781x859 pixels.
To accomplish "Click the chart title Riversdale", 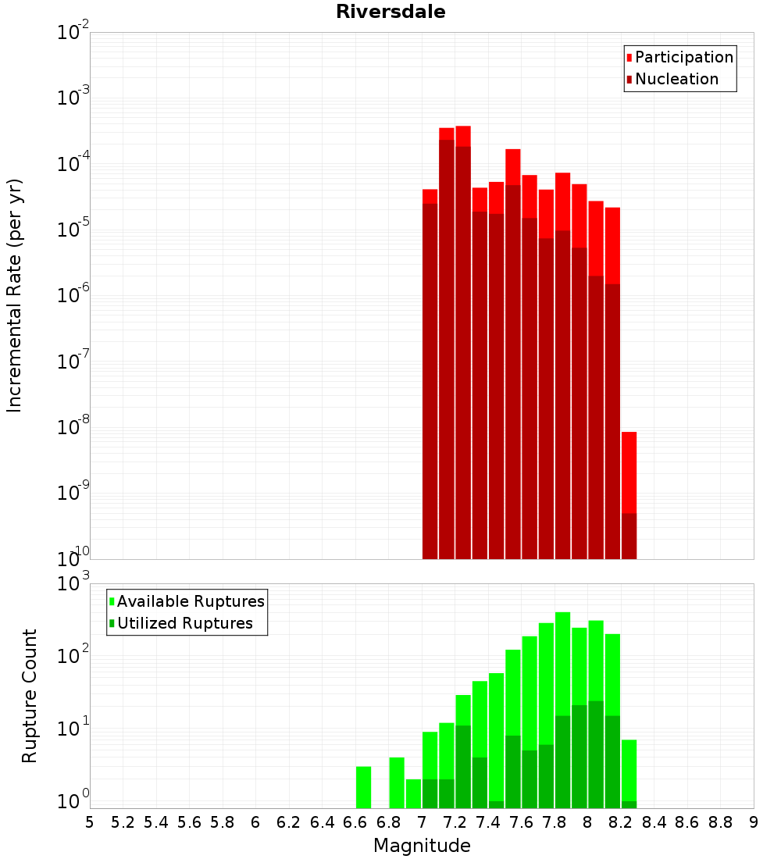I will click(x=390, y=12).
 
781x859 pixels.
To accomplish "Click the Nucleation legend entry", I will click(x=676, y=79).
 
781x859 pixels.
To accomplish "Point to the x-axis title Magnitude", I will click(x=422, y=846).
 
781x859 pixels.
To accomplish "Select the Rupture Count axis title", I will click(x=30, y=696).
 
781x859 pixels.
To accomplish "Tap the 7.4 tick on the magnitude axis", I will click(x=488, y=822).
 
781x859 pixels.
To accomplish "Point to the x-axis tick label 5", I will click(x=90, y=822).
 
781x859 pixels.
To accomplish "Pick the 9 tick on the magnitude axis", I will click(x=754, y=822).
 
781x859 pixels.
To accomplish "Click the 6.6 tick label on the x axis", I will click(x=355, y=822).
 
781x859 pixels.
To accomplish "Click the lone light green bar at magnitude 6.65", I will click(x=363, y=787).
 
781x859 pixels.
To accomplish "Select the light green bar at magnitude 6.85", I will click(x=397, y=782).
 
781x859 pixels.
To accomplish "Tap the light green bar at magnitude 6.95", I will click(x=413, y=793).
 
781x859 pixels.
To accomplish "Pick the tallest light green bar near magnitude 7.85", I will click(x=562, y=664).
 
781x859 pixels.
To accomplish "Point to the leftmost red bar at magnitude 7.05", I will click(x=430, y=375).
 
